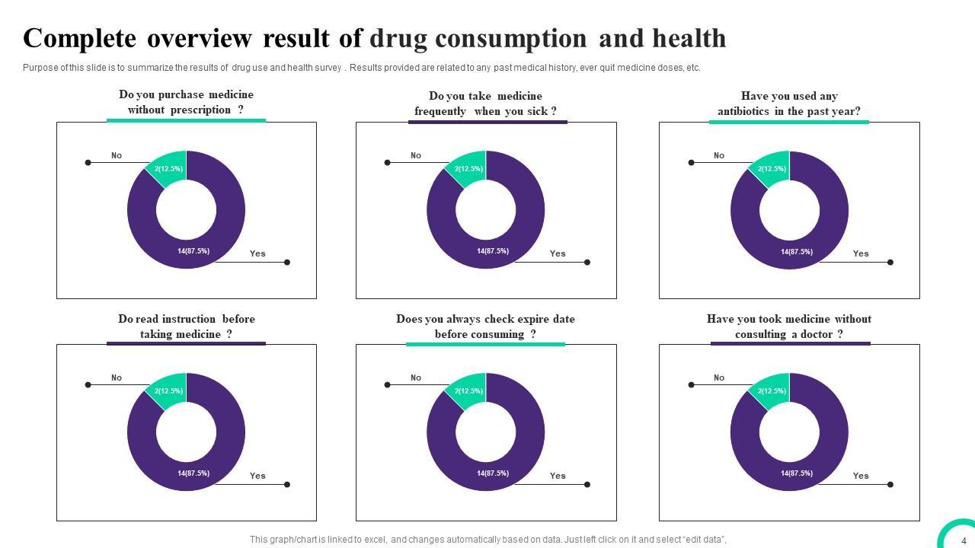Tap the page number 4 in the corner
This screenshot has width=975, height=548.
coord(964,541)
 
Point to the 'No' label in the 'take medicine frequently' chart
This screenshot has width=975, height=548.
coord(416,155)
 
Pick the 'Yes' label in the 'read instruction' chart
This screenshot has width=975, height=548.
coord(257,476)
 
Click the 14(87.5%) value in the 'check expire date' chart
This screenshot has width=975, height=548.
coord(493,473)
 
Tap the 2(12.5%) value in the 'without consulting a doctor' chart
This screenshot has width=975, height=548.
coord(772,391)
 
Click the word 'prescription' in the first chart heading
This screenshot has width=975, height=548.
coord(202,110)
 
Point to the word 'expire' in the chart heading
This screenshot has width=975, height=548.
coord(527,319)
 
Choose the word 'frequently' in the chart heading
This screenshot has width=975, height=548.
coord(440,111)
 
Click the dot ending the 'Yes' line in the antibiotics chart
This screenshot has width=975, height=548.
coord(890,263)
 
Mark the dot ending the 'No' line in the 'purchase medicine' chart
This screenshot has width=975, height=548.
coord(88,162)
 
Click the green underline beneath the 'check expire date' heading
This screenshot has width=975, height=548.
coord(485,344)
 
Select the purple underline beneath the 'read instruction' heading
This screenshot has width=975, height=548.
coord(186,343)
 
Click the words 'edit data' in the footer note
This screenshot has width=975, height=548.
coord(705,540)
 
